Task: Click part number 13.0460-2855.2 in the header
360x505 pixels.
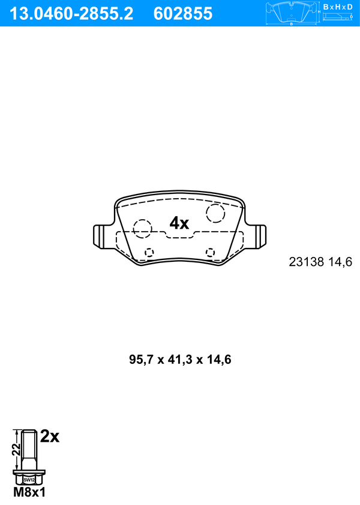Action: point(71,14)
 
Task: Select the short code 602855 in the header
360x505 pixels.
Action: point(183,14)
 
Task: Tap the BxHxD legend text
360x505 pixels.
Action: point(338,7)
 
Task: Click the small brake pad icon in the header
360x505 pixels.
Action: point(292,13)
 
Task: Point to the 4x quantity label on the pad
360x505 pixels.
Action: point(179,223)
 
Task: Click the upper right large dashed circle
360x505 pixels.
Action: point(215,204)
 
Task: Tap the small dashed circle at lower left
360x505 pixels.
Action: point(149,249)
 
